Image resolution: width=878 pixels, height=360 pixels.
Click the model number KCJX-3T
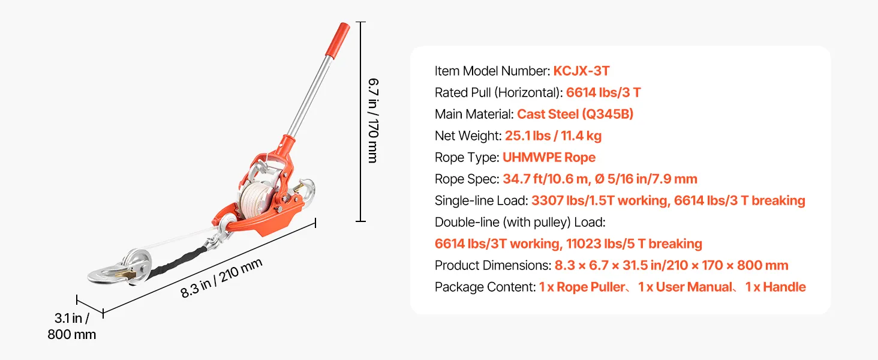(x=581, y=71)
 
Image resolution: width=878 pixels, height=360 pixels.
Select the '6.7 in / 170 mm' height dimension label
(x=373, y=121)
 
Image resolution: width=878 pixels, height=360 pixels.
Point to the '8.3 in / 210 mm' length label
(x=221, y=278)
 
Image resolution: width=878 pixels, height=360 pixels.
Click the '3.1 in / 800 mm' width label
(x=72, y=326)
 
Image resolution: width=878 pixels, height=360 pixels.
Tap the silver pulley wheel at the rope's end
(x=137, y=264)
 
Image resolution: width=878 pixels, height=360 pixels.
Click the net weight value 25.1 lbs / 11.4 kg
(x=553, y=136)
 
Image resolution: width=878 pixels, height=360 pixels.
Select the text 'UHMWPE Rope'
(x=549, y=157)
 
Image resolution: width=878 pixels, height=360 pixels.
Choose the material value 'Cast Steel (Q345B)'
(x=575, y=114)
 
